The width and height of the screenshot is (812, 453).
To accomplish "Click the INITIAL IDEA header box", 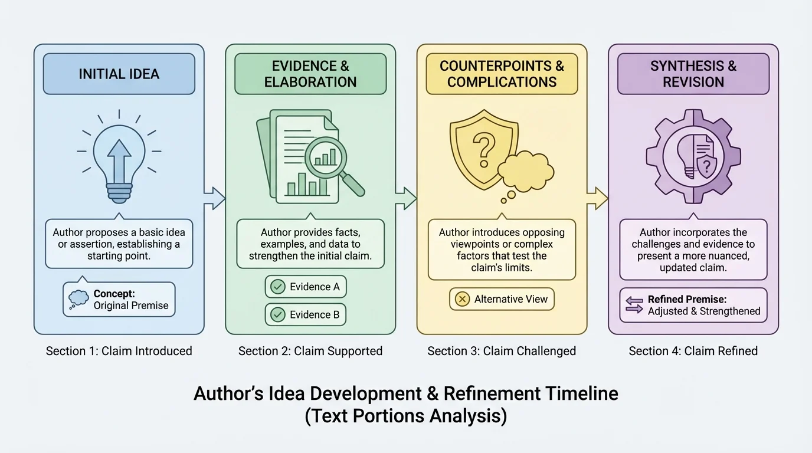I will coord(119,74).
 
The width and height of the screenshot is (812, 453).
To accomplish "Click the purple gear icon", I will coord(693,156).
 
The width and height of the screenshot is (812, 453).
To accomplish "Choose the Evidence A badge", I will coord(305,287).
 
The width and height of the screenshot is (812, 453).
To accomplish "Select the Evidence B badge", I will coord(305,315).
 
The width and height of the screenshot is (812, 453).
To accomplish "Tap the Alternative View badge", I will coord(502,299).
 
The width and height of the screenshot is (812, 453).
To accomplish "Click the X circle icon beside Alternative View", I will coord(460,299).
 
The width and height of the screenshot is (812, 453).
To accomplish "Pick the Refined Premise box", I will coord(693,305).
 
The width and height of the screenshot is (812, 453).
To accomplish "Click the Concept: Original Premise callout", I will coord(119,299).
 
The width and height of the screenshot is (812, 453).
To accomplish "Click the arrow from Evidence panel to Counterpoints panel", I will coord(406,198).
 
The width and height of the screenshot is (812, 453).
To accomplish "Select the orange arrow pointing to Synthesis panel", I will coord(597,198).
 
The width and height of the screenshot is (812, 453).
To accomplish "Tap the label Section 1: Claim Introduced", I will coord(119,351).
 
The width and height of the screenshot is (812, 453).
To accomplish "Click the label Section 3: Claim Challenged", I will coord(502,351).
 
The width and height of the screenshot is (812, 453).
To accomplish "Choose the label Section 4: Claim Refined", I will coord(693,351).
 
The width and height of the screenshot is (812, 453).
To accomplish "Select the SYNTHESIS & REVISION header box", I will coord(693,74).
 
